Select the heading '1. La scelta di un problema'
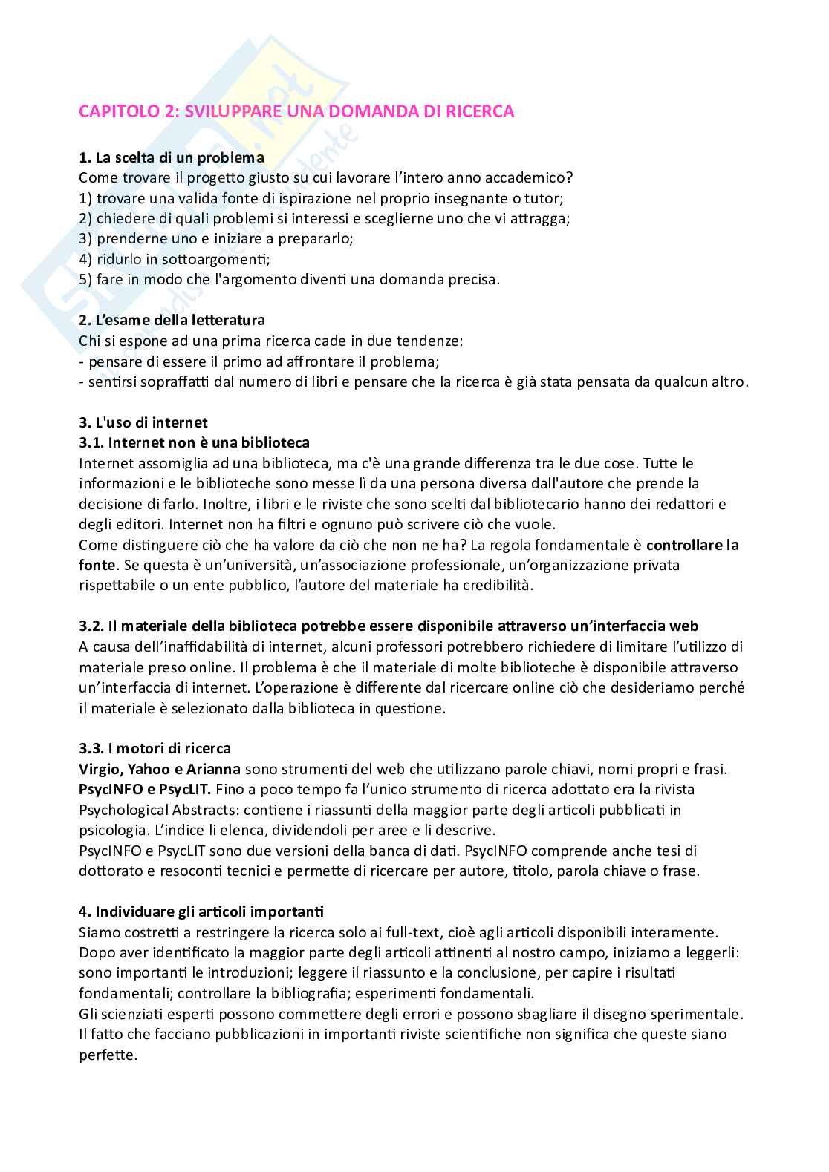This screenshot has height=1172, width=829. pyautogui.click(x=171, y=157)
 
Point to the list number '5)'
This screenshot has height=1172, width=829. pyautogui.click(x=85, y=280)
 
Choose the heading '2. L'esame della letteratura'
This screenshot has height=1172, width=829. pyautogui.click(x=172, y=321)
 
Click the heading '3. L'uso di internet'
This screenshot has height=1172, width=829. pyautogui.click(x=143, y=422)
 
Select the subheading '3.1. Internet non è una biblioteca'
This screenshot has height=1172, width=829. pyautogui.click(x=194, y=443)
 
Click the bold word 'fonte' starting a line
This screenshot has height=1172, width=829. pyautogui.click(x=97, y=565)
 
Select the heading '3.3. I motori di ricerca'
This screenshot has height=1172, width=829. pyautogui.click(x=155, y=748)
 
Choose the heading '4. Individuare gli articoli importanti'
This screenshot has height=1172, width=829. pyautogui.click(x=201, y=911)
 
